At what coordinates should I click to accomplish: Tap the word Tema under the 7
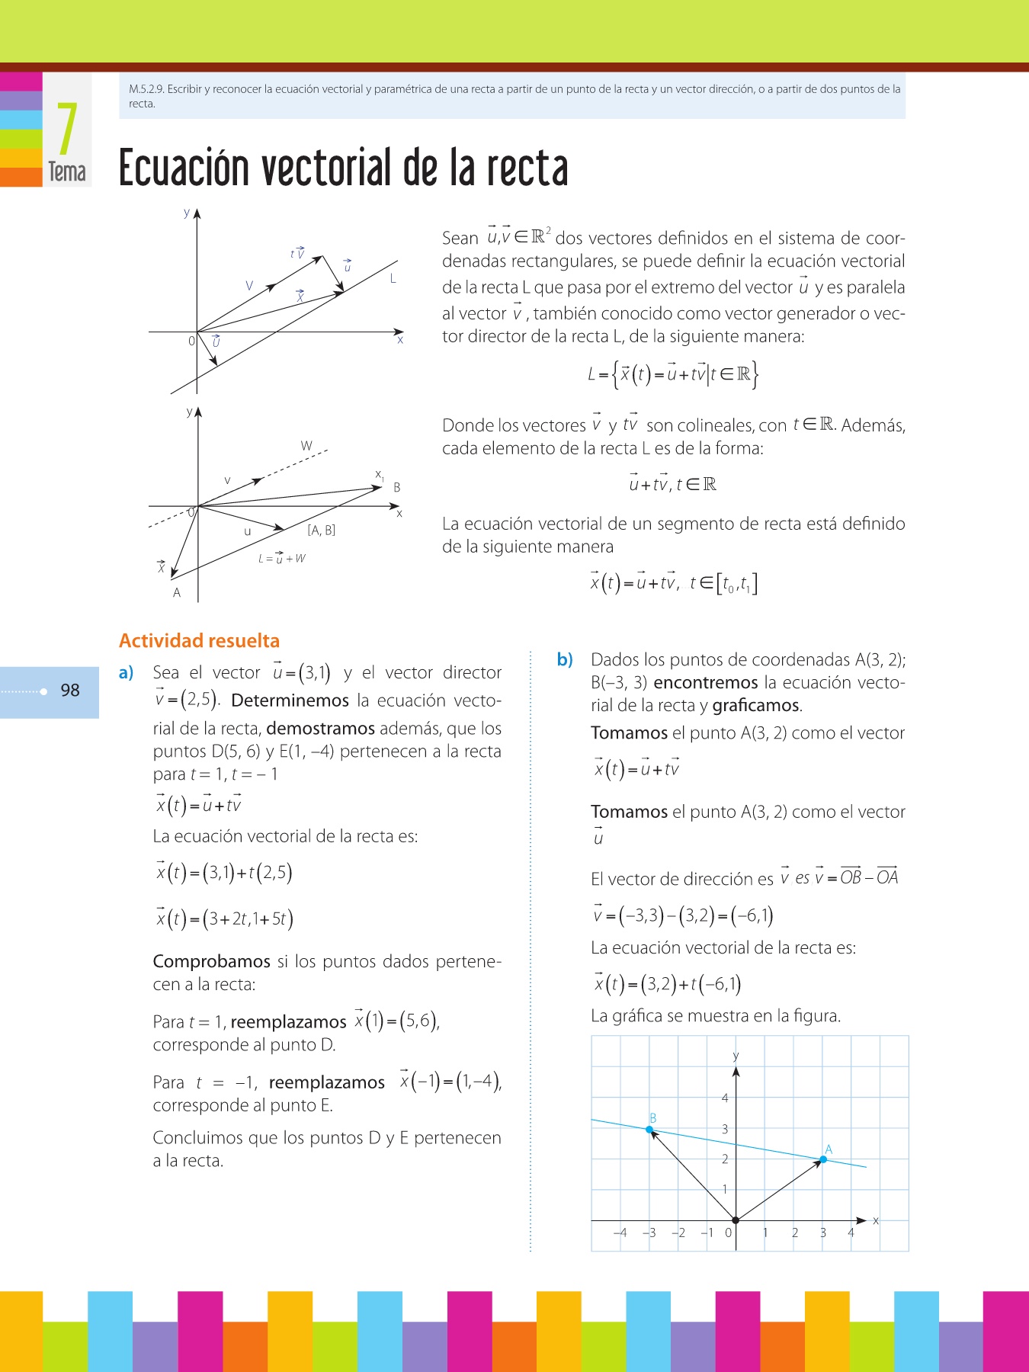click(67, 172)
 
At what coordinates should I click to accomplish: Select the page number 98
click(70, 691)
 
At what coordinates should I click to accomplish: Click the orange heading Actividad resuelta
click(199, 641)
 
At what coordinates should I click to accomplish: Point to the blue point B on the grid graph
click(649, 1129)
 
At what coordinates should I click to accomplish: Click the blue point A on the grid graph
click(823, 1159)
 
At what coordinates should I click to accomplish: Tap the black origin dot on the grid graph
click(736, 1220)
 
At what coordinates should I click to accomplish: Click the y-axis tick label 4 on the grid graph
click(725, 1098)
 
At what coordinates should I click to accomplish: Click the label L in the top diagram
click(393, 278)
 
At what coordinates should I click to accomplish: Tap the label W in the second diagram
click(306, 446)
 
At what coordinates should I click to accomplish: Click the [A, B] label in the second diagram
click(321, 531)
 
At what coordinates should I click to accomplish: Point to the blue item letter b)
click(565, 660)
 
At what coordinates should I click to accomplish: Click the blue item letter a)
click(127, 673)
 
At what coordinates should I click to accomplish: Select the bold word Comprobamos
click(211, 962)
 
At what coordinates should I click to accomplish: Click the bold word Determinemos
click(290, 700)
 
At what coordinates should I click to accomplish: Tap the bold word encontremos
click(706, 683)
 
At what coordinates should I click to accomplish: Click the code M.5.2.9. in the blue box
click(146, 89)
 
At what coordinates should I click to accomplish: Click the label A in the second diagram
click(177, 592)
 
